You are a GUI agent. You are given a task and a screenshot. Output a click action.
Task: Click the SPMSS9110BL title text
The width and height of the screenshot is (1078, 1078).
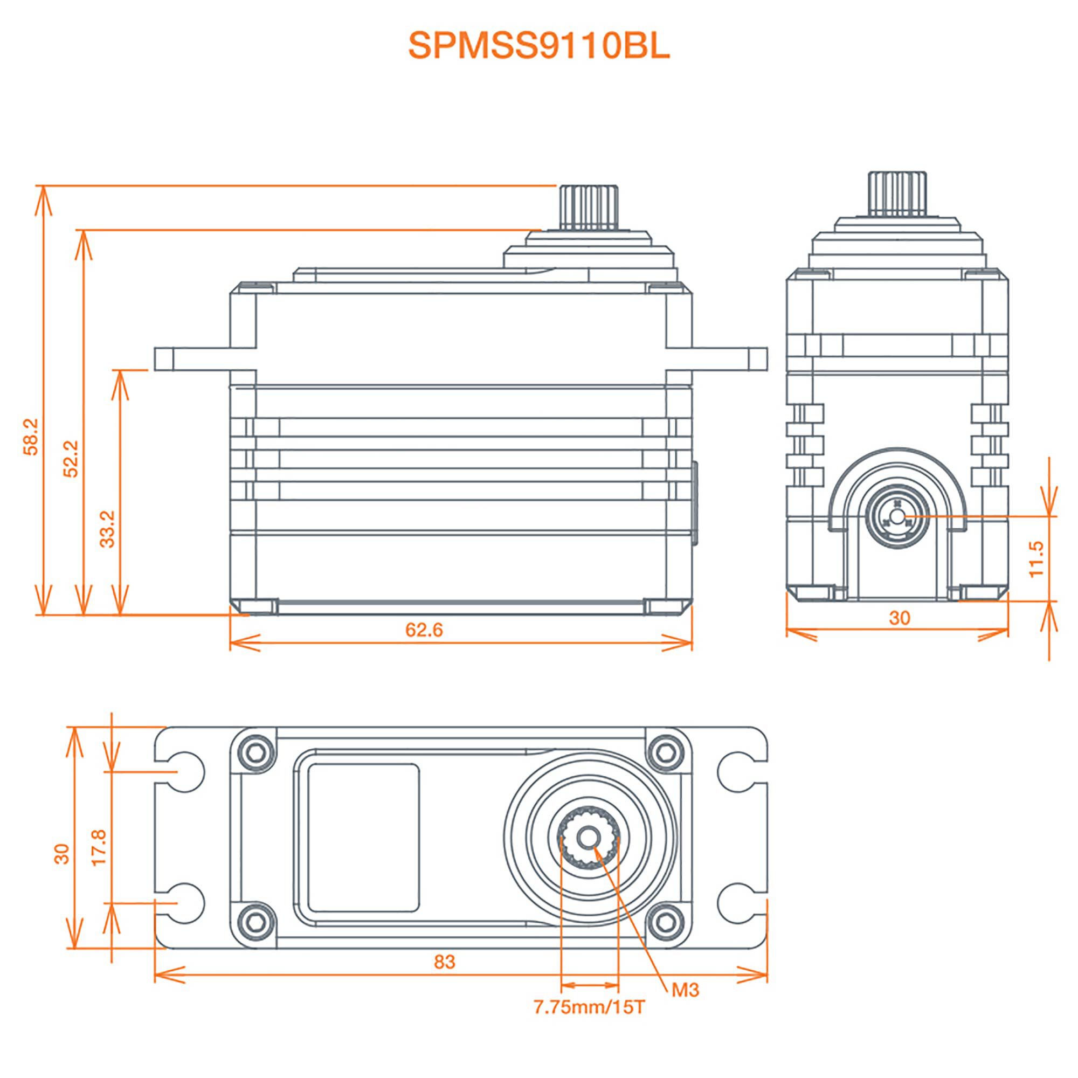click(538, 46)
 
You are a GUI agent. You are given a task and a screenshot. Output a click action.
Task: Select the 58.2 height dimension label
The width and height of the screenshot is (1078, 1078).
click(31, 437)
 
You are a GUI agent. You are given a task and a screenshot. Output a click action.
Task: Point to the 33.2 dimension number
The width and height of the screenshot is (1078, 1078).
click(107, 528)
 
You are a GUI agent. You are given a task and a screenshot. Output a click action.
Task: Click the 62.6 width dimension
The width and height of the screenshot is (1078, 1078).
click(424, 630)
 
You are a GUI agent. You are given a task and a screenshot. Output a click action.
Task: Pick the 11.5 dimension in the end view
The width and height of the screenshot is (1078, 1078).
click(1035, 559)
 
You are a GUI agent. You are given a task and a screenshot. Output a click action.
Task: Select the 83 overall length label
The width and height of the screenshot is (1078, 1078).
click(445, 962)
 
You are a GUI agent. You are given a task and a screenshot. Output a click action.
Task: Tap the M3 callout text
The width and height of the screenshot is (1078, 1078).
click(685, 990)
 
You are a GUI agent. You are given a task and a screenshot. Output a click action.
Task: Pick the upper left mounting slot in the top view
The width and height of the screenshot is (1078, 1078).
click(183, 772)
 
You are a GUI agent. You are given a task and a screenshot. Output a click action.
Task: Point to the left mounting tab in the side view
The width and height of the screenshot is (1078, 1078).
click(192, 359)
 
